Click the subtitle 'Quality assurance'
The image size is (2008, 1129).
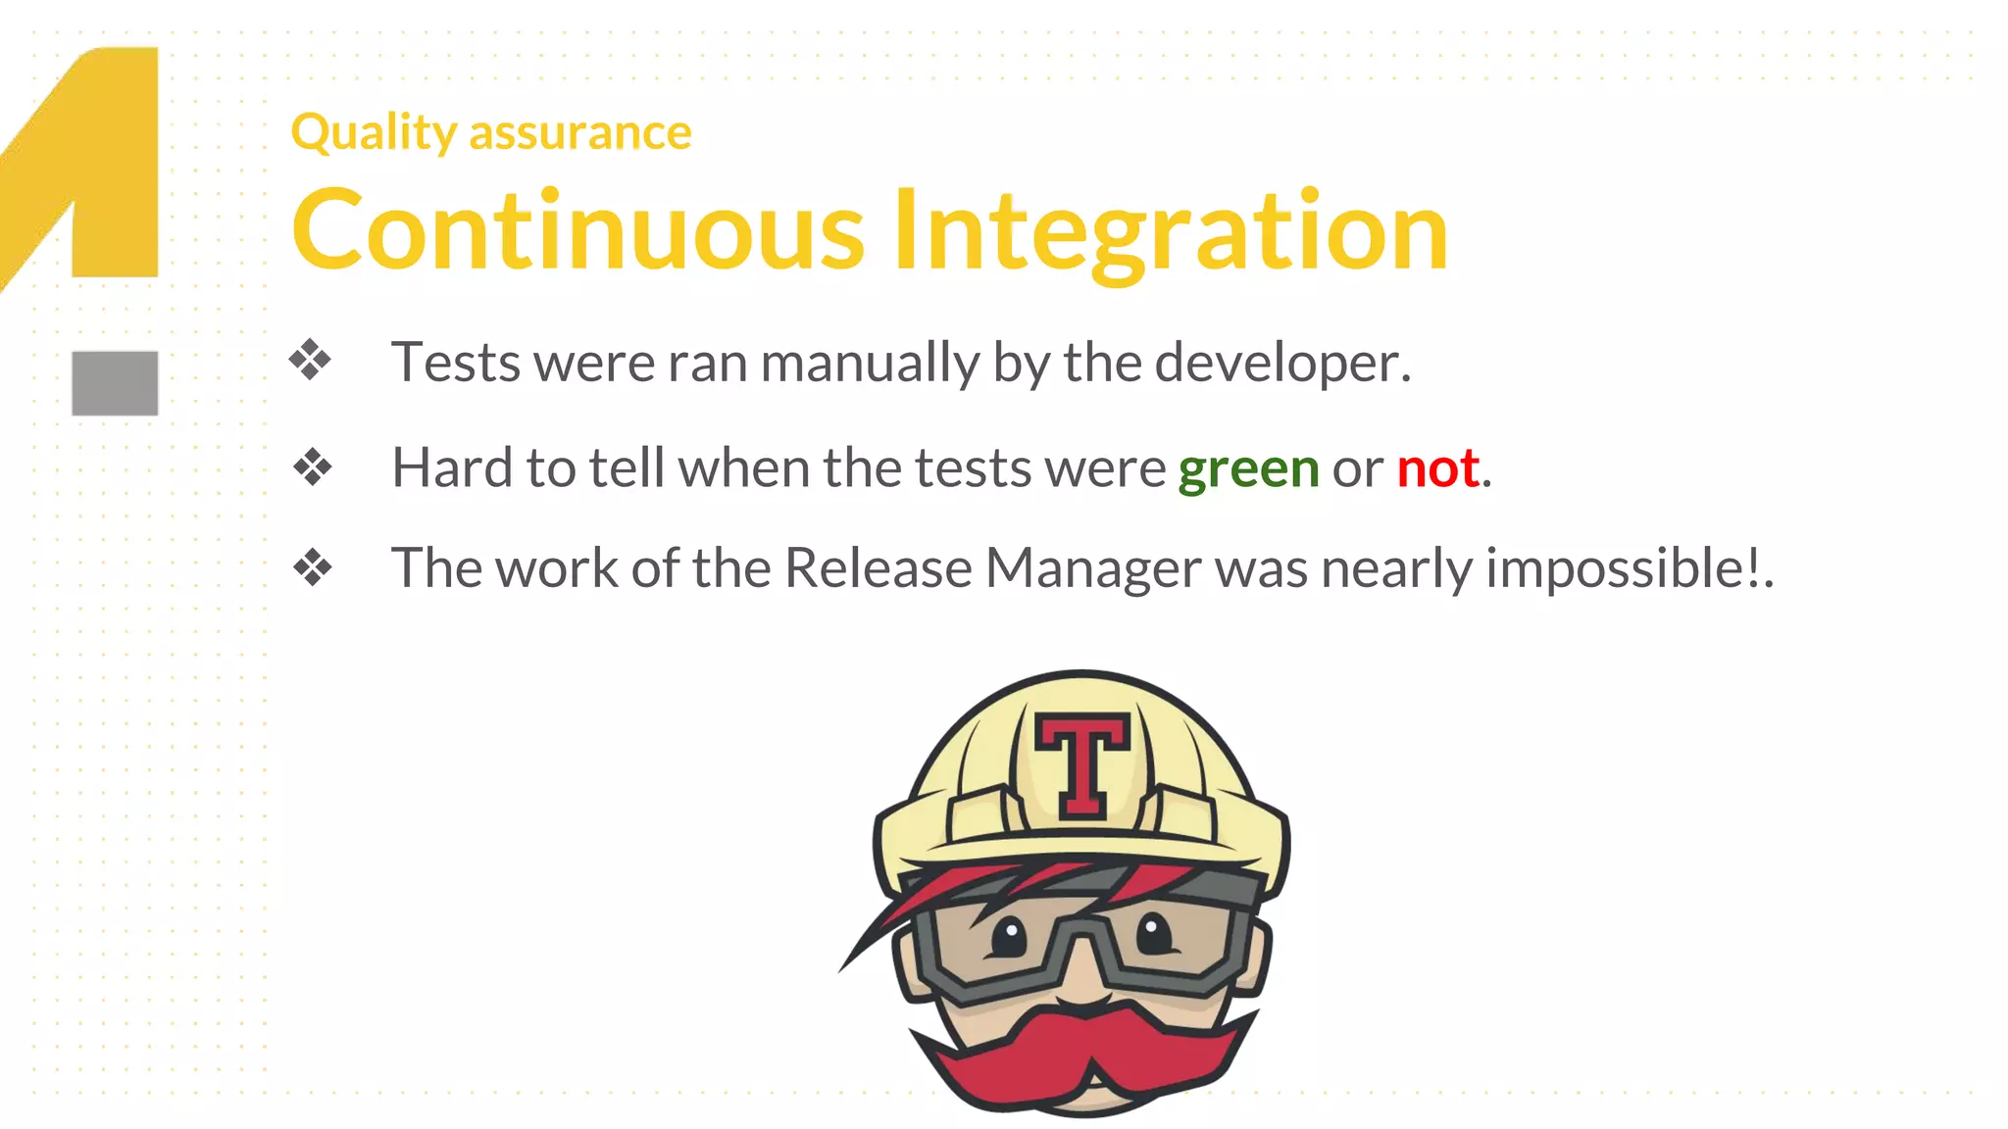[491, 132]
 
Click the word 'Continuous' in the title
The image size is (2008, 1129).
[578, 231]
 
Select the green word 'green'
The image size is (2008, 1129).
[1248, 468]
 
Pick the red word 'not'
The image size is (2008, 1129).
[1437, 468]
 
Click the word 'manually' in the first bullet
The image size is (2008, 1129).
[870, 364]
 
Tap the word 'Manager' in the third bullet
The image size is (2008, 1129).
[1092, 568]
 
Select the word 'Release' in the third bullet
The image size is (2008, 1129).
[878, 568]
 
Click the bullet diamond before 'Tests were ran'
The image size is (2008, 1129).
[311, 360]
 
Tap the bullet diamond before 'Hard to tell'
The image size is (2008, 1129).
[313, 466]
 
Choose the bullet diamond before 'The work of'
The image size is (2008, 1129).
[313, 567]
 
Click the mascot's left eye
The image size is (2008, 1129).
[1007, 936]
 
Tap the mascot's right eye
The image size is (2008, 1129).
[1155, 931]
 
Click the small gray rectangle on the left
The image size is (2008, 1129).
[115, 383]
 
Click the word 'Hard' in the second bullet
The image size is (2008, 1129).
[451, 468]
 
